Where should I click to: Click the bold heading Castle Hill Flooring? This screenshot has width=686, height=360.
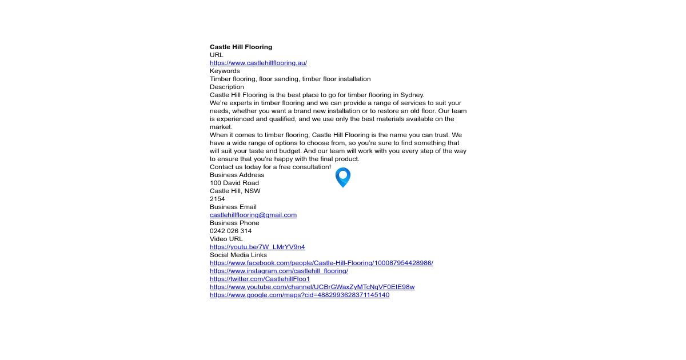[241, 47]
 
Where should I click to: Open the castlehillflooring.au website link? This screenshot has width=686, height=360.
[258, 63]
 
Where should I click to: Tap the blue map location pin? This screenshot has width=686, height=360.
[342, 177]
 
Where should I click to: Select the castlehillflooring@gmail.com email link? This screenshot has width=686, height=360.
[253, 215]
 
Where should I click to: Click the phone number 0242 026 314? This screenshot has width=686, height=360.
[230, 231]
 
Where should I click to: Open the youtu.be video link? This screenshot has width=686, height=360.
[257, 247]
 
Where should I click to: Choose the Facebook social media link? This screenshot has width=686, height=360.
[321, 263]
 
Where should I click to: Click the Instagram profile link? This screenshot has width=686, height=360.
[278, 271]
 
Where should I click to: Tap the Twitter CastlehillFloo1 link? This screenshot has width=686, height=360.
[260, 279]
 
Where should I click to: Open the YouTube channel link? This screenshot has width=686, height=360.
[312, 287]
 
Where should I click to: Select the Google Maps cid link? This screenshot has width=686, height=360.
[299, 295]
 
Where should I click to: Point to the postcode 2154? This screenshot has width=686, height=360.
[217, 199]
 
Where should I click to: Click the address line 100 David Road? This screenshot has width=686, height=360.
[234, 183]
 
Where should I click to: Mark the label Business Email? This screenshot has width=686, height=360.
[233, 207]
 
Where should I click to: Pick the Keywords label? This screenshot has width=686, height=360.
[225, 71]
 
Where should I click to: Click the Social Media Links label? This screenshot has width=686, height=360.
[238, 255]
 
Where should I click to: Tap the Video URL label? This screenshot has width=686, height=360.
[226, 239]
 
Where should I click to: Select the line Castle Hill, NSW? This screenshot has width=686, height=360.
[235, 191]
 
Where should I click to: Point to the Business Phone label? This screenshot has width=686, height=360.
[234, 223]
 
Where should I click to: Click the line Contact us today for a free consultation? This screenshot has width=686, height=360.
[270, 167]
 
